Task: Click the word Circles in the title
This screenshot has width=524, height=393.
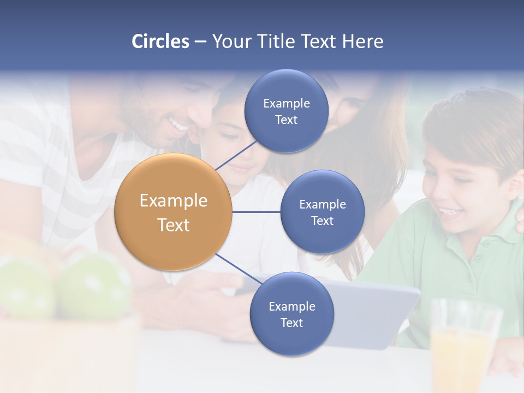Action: pos(160,41)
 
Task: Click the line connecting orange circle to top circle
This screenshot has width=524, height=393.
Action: pos(236,155)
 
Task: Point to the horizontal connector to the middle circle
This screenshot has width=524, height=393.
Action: pos(256,212)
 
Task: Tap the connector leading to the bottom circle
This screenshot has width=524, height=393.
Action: pos(235,268)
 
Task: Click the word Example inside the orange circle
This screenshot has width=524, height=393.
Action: pos(174,201)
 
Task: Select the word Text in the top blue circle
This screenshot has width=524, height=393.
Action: pos(286,120)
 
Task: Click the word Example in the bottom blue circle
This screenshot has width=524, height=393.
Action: pos(291,306)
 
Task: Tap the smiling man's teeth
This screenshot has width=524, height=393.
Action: pos(177,126)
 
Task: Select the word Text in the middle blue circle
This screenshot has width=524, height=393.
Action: pos(322,221)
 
